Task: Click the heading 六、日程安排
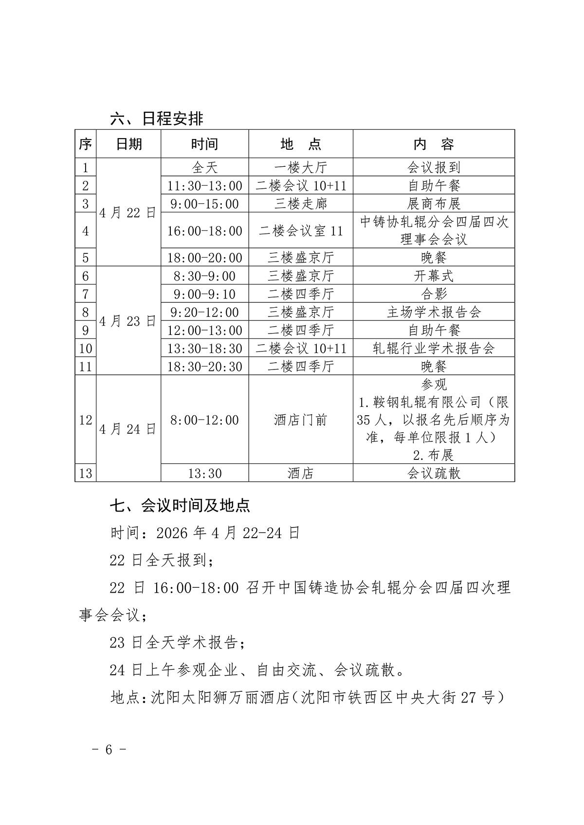point(157,118)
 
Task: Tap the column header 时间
point(204,144)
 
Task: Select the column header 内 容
point(433,144)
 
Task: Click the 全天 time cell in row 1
point(204,167)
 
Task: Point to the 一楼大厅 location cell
point(300,167)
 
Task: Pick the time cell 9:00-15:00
point(204,203)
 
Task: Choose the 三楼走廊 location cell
point(300,203)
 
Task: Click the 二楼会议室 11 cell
point(300,230)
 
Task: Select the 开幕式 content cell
point(433,276)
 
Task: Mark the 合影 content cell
point(433,294)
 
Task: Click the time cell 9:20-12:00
point(204,312)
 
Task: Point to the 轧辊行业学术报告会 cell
point(433,348)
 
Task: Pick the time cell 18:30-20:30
point(204,366)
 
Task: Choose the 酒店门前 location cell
point(300,420)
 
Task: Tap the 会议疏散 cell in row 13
point(433,473)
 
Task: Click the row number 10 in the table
point(85,348)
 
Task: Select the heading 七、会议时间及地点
point(180,506)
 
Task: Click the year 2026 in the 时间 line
point(172,533)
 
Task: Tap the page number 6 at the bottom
point(109,749)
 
